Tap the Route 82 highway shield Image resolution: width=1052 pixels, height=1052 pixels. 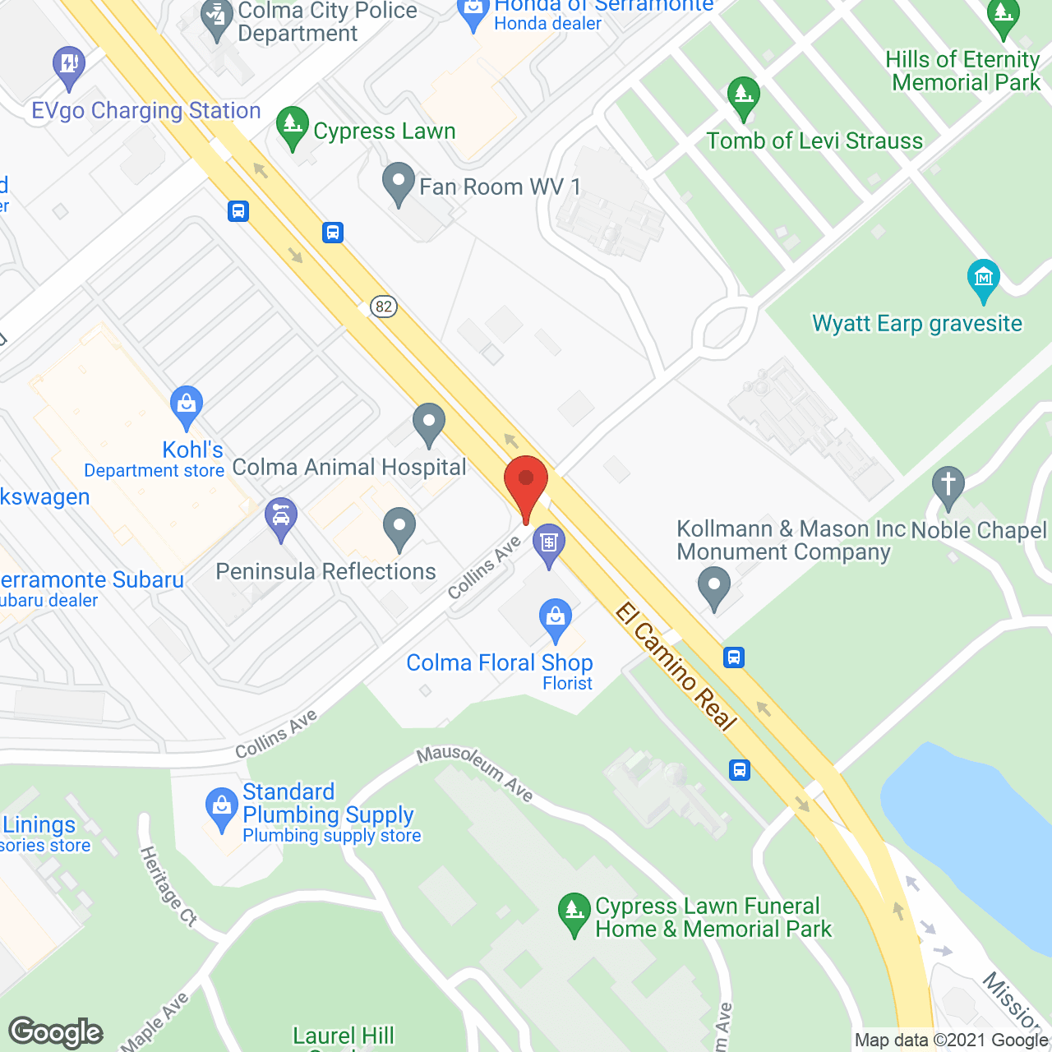coord(384,307)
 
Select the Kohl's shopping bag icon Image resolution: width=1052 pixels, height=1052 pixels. coord(187,404)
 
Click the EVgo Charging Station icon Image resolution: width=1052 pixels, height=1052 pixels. coord(68,65)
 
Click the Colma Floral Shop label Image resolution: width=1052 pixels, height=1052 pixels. coord(500,662)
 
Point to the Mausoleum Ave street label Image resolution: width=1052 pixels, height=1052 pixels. coord(475,773)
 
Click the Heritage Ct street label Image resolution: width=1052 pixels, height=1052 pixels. coord(168,888)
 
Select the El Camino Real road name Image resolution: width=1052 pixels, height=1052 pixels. coord(676,667)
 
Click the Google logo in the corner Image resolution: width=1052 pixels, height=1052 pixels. coord(56,1032)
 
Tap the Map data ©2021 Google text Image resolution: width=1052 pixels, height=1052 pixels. coord(952,1040)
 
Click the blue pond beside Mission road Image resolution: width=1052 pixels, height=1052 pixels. coord(970,838)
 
